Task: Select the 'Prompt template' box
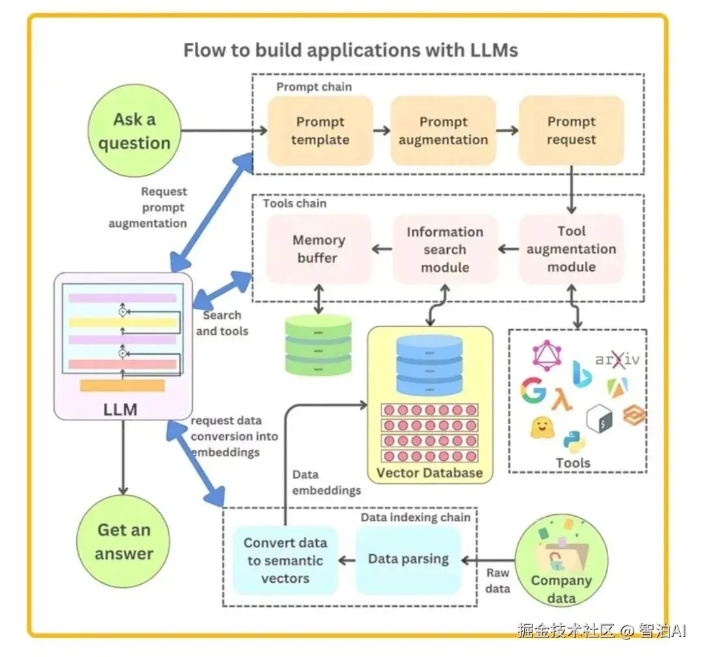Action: [x=320, y=130]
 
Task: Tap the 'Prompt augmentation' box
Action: [x=443, y=130]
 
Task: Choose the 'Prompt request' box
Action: [x=571, y=130]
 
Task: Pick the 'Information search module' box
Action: [x=445, y=249]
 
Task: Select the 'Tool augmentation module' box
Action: [x=571, y=249]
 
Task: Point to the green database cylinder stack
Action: [x=318, y=344]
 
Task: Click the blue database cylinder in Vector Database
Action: [x=430, y=365]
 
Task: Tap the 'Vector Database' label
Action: [x=430, y=473]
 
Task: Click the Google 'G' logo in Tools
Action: [x=533, y=391]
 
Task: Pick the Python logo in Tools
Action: [x=574, y=441]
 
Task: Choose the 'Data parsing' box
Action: [x=408, y=559]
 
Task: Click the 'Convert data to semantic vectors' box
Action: [x=285, y=561]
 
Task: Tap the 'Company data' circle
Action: [x=561, y=562]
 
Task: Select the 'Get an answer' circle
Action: [x=123, y=542]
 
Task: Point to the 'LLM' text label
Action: [x=121, y=409]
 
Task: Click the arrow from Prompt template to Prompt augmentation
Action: [x=381, y=130]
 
